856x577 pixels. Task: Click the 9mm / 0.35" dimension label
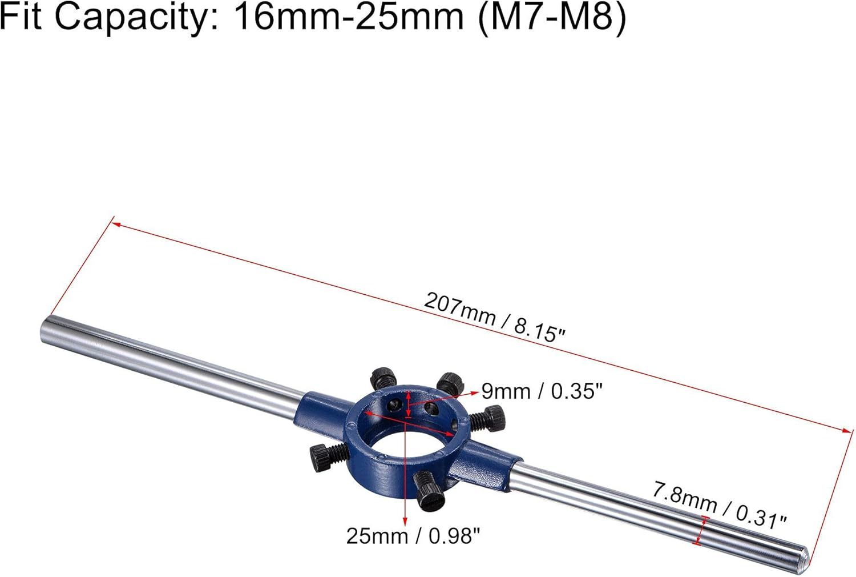(x=542, y=391)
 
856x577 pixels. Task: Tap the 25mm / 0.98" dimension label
(x=413, y=536)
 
